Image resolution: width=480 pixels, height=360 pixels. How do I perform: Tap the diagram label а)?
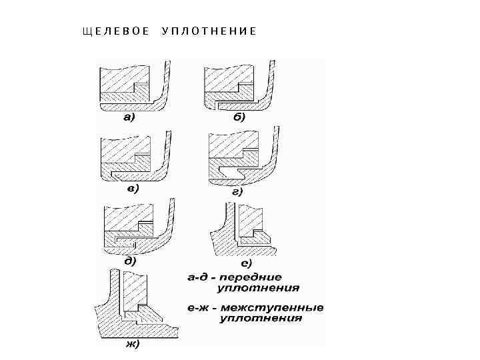(x=129, y=118)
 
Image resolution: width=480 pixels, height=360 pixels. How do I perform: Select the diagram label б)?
(x=238, y=117)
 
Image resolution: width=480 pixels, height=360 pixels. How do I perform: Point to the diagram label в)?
(x=132, y=189)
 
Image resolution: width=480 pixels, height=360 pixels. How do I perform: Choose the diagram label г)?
(x=237, y=191)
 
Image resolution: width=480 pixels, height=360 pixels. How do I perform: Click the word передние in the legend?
(x=253, y=277)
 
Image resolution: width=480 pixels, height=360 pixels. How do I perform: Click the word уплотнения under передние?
(x=258, y=288)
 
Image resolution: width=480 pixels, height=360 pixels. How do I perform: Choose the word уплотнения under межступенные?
(x=261, y=319)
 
